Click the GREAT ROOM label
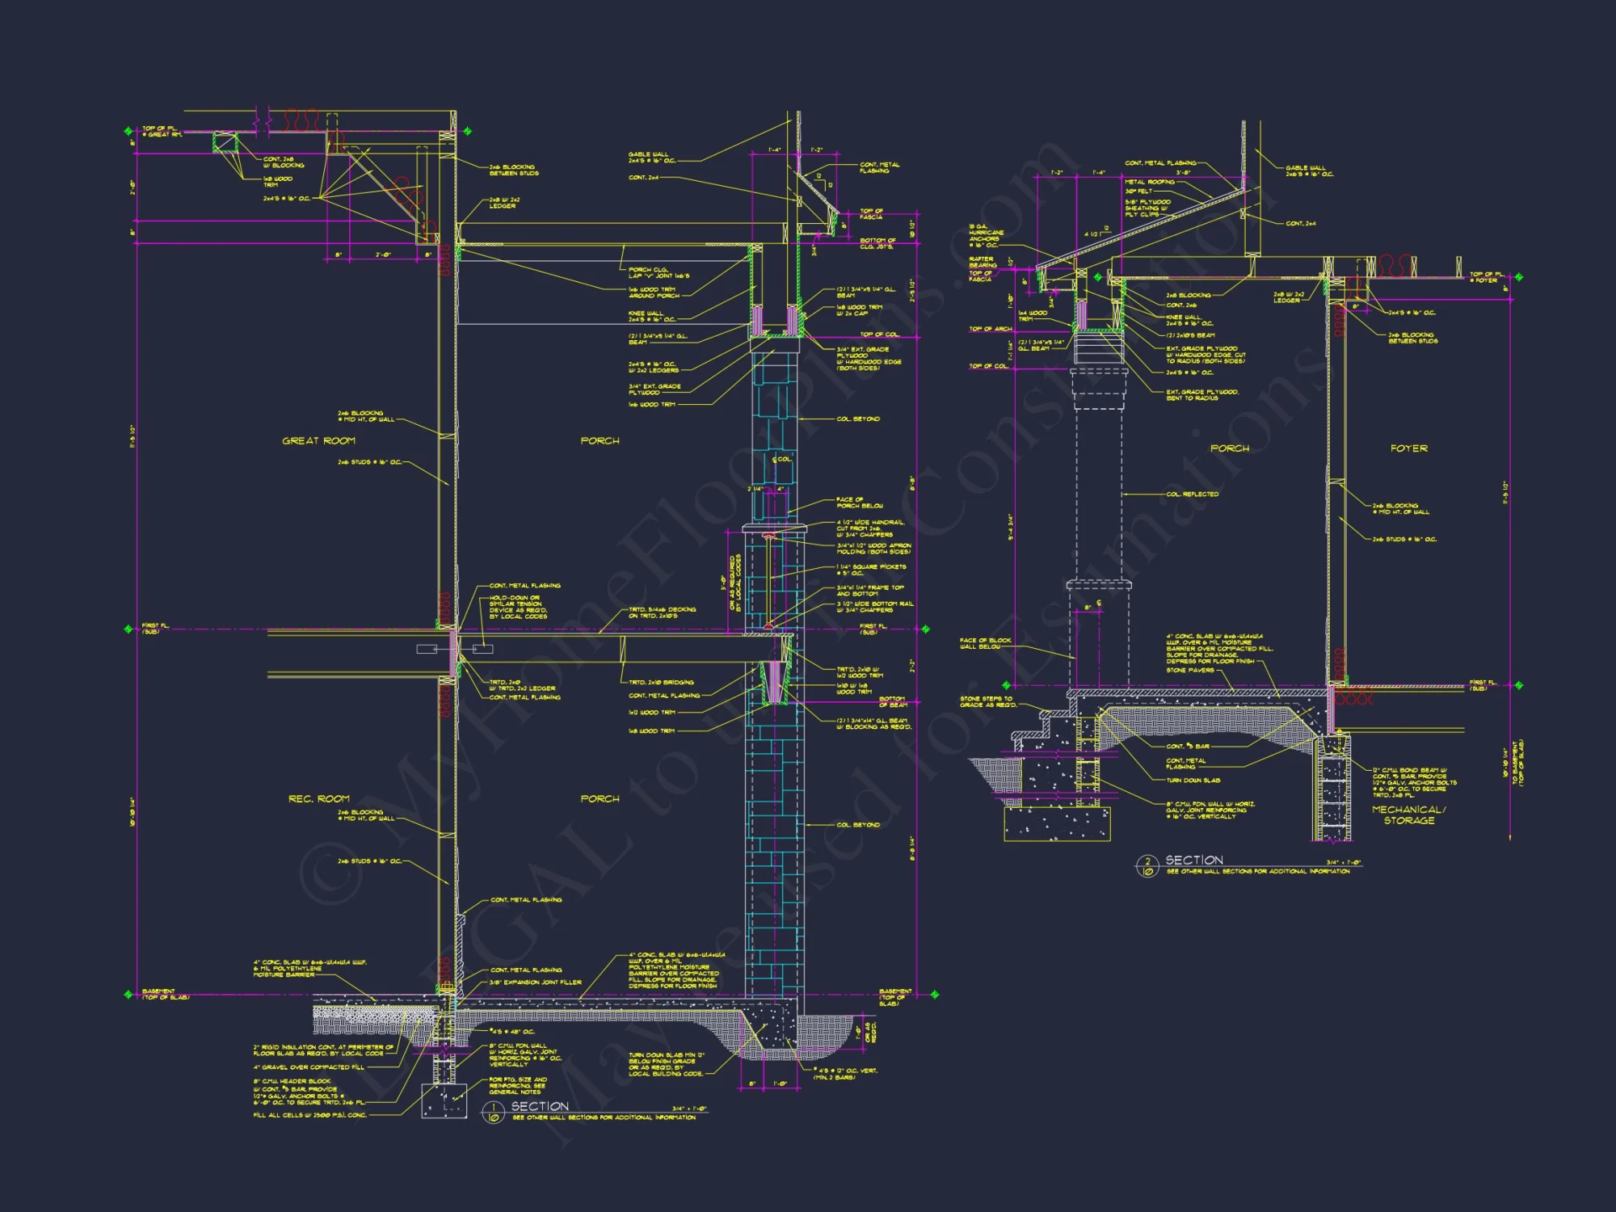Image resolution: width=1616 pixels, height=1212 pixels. (318, 441)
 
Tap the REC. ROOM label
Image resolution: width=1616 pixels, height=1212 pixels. (318, 799)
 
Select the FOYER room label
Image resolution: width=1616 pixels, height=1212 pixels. (1408, 448)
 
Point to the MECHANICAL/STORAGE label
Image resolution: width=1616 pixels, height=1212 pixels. (1408, 814)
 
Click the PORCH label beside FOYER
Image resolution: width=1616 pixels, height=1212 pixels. (1229, 448)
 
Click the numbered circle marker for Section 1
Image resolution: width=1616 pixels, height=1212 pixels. (493, 1113)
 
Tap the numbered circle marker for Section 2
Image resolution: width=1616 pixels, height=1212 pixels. (1147, 867)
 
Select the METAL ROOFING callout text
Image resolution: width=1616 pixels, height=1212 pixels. (1149, 183)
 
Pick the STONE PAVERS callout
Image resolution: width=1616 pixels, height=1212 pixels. (1189, 670)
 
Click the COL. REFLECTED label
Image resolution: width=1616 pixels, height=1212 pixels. (1192, 494)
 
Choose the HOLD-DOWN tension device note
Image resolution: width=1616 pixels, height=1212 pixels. (517, 607)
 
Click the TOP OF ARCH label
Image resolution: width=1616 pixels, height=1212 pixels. (990, 329)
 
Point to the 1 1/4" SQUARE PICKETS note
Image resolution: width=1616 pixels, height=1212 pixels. (871, 570)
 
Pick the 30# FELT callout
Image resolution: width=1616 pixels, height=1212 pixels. (1138, 191)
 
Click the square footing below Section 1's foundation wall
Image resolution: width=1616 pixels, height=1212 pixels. (444, 1100)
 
